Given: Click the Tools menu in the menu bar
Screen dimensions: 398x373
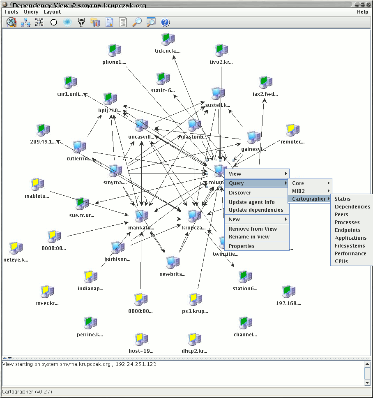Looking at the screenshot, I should click(x=11, y=12).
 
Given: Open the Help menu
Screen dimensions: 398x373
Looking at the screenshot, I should click(x=362, y=12).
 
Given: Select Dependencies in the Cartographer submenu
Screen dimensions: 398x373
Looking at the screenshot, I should click(x=352, y=207).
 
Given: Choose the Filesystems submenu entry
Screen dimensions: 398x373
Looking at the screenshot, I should click(x=350, y=246).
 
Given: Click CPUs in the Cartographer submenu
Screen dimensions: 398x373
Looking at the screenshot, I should click(x=341, y=261).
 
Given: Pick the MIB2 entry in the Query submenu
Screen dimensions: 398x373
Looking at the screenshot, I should click(x=298, y=191).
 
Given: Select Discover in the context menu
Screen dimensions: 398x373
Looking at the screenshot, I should click(x=240, y=193).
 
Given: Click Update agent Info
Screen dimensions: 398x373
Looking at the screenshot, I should click(x=251, y=202).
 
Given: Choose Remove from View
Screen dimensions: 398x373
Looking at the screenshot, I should click(x=253, y=229).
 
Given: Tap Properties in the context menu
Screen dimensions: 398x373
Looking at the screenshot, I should click(x=242, y=246).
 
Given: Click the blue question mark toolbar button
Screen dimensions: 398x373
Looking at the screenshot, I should click(x=165, y=23).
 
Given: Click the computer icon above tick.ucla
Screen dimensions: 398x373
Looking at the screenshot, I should click(x=168, y=39).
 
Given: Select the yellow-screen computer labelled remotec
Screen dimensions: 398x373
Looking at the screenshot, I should click(x=292, y=130).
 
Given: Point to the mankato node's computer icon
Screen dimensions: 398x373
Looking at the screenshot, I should click(x=141, y=215).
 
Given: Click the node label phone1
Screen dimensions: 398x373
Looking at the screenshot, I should click(x=114, y=62).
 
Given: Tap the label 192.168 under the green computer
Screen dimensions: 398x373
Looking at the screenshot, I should click(x=288, y=304).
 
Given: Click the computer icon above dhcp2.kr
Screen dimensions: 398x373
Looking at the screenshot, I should click(x=194, y=340).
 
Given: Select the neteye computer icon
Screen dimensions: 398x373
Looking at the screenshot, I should click(x=16, y=248).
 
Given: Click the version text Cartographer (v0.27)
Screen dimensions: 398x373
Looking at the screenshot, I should click(x=27, y=392).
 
